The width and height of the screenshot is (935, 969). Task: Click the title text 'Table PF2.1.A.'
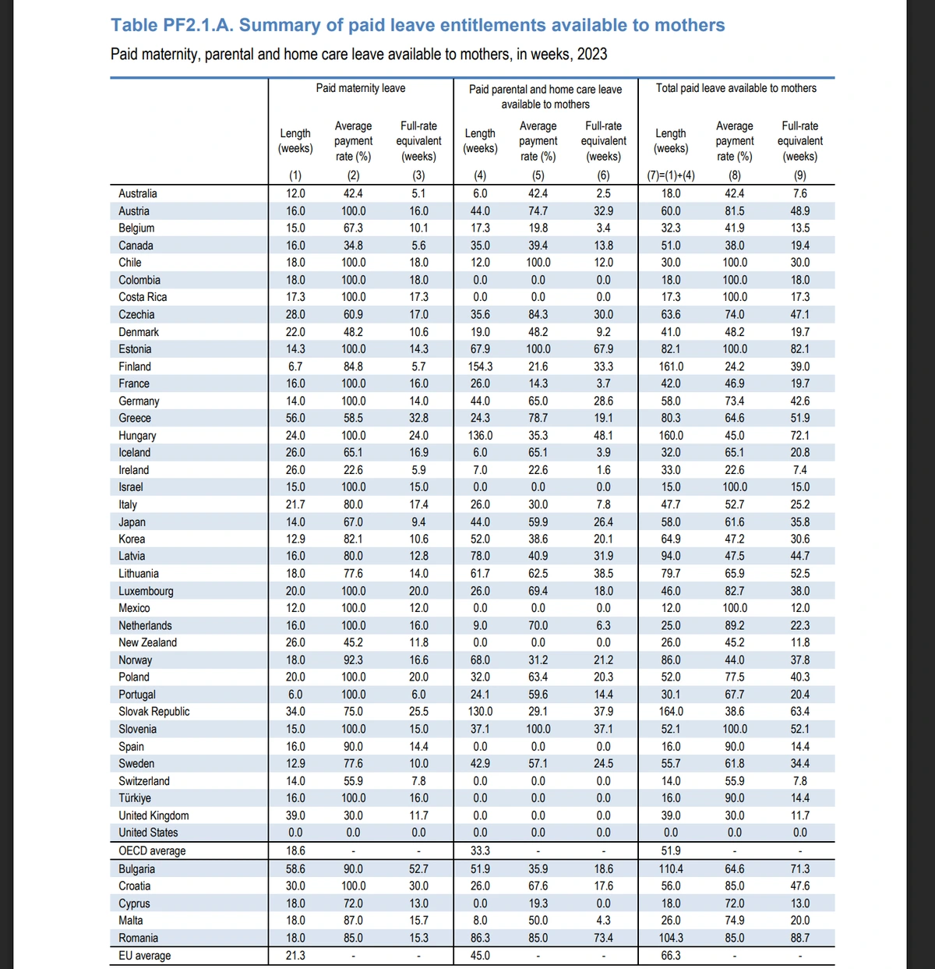172,25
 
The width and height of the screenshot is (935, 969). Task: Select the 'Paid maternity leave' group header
360,88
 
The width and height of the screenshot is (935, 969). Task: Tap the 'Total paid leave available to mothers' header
736,88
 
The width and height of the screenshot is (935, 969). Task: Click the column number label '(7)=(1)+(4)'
671,175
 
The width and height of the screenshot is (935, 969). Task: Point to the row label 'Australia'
138,193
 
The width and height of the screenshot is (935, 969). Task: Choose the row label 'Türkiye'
135,798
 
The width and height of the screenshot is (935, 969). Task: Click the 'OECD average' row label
152,851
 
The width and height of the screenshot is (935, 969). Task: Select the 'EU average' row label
145,956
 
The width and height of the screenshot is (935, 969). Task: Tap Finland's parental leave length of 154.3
480,366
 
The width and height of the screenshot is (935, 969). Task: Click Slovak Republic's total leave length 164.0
671,712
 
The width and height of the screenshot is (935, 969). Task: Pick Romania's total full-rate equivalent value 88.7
799,938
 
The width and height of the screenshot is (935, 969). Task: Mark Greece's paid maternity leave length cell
295,418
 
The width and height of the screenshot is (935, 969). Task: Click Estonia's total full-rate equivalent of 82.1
799,349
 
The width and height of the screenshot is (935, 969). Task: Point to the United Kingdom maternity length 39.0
295,815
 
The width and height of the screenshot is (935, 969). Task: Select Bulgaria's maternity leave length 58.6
295,868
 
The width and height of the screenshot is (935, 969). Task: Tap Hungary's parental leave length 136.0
480,436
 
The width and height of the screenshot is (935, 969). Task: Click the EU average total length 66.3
671,956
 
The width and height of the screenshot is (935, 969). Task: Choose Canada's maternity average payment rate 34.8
353,246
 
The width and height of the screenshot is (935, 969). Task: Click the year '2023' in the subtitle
592,55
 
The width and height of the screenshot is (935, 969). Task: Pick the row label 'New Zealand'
148,642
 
